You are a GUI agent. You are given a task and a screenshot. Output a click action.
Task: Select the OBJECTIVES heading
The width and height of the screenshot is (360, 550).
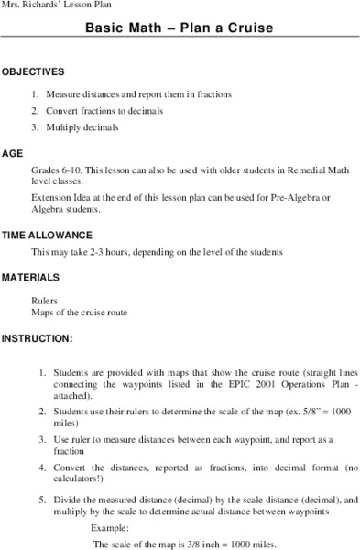click(x=33, y=71)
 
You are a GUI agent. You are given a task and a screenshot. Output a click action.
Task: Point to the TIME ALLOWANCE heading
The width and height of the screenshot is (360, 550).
click(x=47, y=234)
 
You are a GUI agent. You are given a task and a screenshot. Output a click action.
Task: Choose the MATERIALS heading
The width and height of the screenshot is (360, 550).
click(x=31, y=277)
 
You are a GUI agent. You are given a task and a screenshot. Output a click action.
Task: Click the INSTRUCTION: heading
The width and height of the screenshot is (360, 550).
click(x=37, y=337)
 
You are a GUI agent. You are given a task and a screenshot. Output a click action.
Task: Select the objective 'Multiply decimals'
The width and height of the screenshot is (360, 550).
click(x=86, y=127)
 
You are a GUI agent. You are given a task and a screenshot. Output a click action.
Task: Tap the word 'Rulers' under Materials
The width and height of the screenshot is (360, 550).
click(x=44, y=299)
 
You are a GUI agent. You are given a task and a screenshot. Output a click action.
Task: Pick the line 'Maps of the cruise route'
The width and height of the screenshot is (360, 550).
click(x=79, y=312)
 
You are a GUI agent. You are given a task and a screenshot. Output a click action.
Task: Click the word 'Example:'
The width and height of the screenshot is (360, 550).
click(x=110, y=529)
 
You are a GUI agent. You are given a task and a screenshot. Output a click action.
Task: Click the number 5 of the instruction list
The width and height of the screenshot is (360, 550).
click(x=41, y=500)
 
